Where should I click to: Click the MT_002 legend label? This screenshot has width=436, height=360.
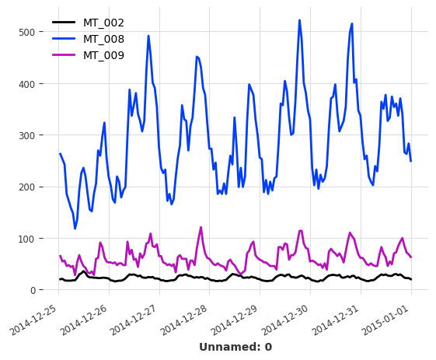(x=103, y=23)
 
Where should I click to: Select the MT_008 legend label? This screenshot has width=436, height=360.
(x=103, y=39)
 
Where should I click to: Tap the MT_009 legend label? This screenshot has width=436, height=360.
(x=103, y=55)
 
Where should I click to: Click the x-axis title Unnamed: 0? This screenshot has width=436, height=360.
(x=235, y=347)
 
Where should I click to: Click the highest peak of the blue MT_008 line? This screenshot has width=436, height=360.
(x=299, y=21)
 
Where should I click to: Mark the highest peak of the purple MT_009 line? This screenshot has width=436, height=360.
(x=201, y=228)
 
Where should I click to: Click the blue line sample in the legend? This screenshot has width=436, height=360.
(x=65, y=39)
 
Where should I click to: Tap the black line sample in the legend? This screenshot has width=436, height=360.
(x=65, y=23)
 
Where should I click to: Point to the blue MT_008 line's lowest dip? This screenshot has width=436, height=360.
(x=75, y=229)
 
